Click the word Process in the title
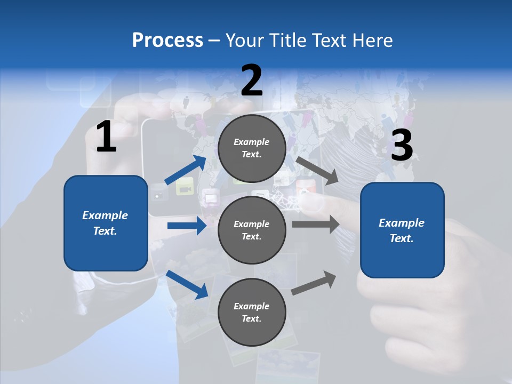167,41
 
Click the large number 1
106,137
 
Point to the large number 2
252,81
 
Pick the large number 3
402,146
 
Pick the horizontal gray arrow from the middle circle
316,225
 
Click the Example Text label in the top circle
252,148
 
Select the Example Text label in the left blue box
106,223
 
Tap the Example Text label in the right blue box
402,230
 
